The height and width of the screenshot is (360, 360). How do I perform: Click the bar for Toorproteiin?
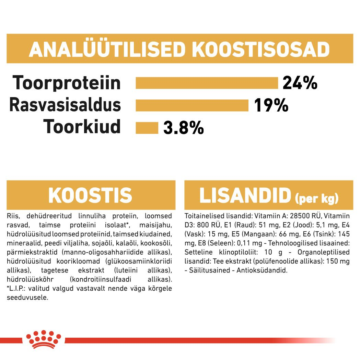click(207, 83)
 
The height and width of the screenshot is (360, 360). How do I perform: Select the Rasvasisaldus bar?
click(192, 105)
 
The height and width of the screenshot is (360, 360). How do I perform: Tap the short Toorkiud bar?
click(147, 128)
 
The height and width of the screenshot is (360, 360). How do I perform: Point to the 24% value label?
click(300, 83)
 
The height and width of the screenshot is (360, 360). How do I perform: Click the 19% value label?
click(271, 105)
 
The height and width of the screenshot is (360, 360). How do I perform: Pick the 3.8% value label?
click(184, 128)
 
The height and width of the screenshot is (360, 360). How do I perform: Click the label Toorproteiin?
click(67, 83)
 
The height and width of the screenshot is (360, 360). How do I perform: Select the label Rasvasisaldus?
click(65, 105)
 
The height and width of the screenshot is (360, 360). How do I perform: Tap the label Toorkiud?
click(82, 127)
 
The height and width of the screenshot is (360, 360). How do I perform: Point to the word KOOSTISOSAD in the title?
click(261, 50)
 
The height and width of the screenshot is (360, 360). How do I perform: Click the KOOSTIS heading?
click(90, 195)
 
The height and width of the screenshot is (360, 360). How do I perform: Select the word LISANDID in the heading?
click(245, 195)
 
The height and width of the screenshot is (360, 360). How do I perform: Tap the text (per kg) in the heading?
click(316, 198)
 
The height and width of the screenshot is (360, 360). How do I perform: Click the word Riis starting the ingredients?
click(12, 216)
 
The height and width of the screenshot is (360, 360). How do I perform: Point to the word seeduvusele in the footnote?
click(27, 298)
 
